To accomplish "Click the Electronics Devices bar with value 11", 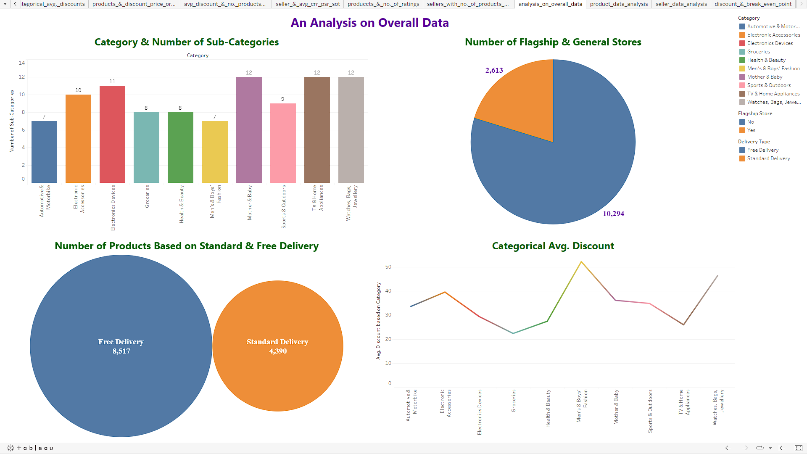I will click(x=112, y=135).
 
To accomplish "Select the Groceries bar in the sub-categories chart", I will click(x=146, y=147).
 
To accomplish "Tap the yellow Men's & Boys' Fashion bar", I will click(x=215, y=151).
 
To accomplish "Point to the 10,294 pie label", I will click(x=613, y=214).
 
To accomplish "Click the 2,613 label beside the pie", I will click(x=494, y=70).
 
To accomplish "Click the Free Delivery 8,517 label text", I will click(x=121, y=346).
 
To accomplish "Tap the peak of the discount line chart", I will click(x=581, y=262).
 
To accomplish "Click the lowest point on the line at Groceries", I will click(x=513, y=333).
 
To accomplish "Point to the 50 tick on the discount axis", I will click(x=388, y=267).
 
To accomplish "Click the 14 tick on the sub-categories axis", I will click(x=22, y=63).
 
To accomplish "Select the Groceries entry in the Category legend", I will click(x=758, y=52).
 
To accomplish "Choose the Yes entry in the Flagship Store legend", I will click(x=751, y=130).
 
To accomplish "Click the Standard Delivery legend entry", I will click(x=768, y=158).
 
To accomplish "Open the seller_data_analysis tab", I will click(x=681, y=4).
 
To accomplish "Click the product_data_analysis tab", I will click(x=619, y=4).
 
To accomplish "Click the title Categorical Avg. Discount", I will click(x=553, y=246).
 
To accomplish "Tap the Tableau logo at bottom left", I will click(x=30, y=448).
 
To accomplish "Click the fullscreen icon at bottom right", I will click(x=799, y=448).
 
